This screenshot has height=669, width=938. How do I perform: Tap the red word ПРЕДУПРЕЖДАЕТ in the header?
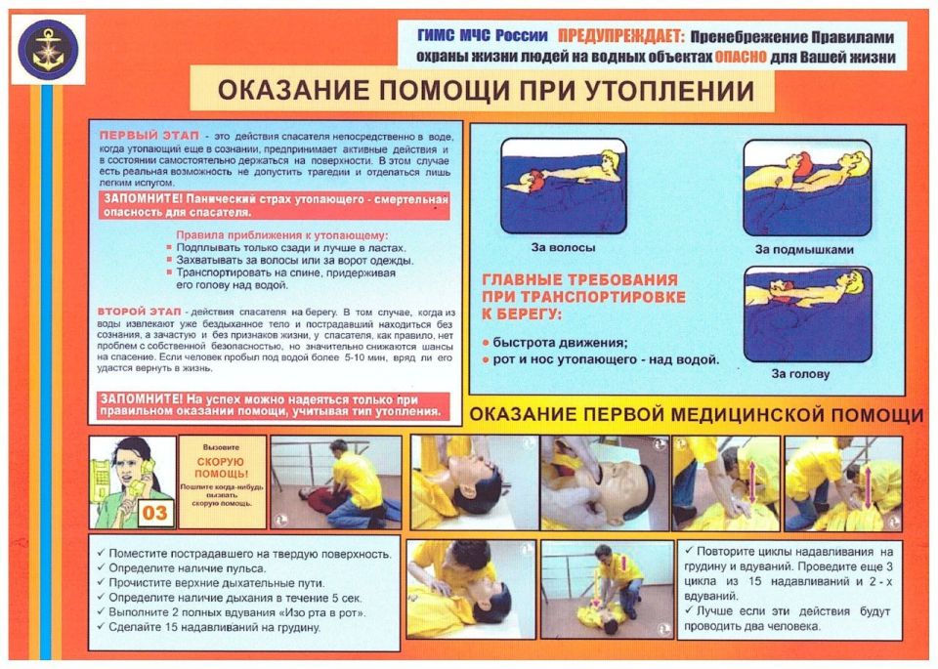[x=630, y=36]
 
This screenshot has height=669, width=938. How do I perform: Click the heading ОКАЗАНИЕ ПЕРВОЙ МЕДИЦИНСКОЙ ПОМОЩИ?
[x=697, y=415]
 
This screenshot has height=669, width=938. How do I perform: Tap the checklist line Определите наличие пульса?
[x=187, y=567]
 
